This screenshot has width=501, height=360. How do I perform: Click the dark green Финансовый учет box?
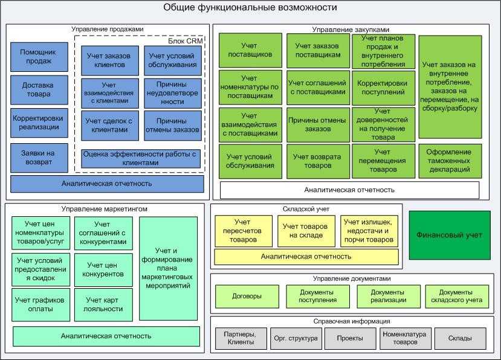pos(450,235)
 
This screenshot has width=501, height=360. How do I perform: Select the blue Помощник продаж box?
pos(36,57)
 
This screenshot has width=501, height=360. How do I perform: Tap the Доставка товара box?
pos(36,89)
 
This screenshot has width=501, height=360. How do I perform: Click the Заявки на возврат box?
pos(36,158)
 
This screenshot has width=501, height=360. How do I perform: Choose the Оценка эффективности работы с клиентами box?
pos(141,158)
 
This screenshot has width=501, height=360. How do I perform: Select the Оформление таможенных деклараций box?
pos(450,161)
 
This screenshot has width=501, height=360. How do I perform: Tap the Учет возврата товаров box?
pos(317,161)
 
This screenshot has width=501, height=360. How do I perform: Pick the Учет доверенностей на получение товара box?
pos(386,124)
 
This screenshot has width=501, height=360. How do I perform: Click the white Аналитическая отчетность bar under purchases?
pos(349,190)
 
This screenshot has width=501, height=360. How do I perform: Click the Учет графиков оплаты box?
pos(42,304)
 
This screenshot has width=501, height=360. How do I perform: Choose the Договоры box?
pos(247,297)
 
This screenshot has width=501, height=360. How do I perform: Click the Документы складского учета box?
pos(456,297)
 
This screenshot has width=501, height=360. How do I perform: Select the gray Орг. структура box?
pos(295,338)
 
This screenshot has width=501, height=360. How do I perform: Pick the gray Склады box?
pos(459,338)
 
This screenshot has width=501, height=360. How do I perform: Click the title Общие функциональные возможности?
pos(250,8)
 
